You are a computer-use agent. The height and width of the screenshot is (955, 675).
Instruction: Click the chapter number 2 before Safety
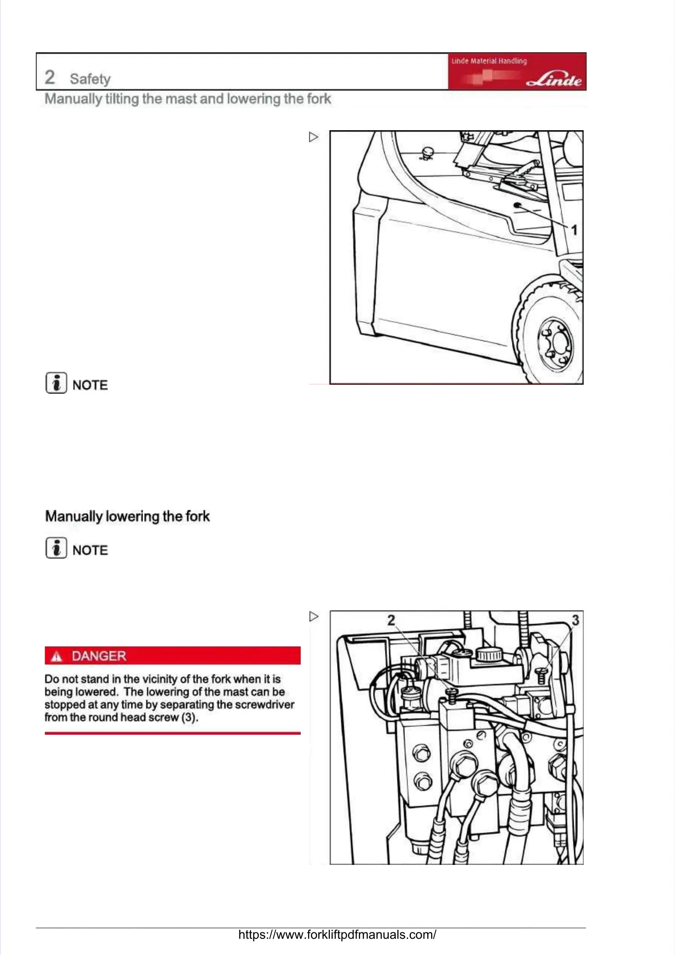point(50,77)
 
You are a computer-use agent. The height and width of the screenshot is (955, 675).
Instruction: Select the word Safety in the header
point(90,79)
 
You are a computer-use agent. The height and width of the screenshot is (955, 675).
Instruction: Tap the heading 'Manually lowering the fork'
point(127,516)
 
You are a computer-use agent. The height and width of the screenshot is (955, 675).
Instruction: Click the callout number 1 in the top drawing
point(574,230)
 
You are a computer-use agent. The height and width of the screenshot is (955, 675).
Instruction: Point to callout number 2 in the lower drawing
point(391,620)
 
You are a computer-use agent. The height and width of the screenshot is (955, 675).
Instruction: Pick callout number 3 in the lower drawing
point(575,620)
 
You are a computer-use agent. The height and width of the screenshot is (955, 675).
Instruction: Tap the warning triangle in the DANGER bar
point(56,657)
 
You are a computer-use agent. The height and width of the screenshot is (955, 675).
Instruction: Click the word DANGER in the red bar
point(99,656)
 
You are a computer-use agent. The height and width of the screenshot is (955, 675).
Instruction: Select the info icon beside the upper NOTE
point(56,383)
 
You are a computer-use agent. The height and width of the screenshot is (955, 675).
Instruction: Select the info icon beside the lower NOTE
point(56,548)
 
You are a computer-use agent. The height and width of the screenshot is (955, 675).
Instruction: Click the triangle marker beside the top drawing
point(314,137)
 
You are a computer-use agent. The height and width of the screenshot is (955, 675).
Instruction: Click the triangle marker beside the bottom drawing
point(314,616)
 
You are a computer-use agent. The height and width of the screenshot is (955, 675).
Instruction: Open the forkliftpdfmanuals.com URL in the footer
point(337,935)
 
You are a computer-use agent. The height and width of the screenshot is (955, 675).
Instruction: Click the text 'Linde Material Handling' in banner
point(489,61)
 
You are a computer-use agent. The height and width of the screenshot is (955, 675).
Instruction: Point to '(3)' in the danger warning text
point(189,717)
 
